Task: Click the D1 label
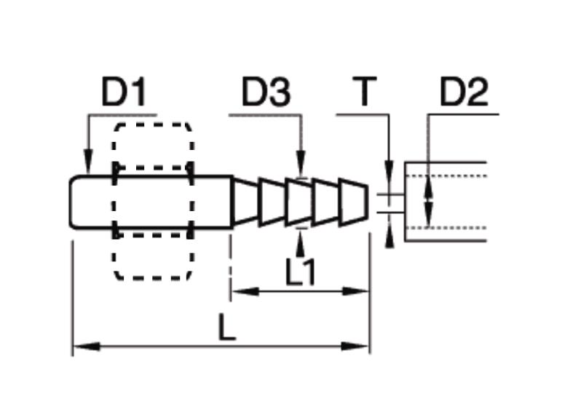pos(124,92)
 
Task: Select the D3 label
pos(266,92)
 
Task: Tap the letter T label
pos(364,91)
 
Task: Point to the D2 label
pos(464,92)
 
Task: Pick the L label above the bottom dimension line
pos(226,327)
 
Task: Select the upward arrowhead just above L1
pos(301,244)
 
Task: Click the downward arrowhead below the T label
pos(390,172)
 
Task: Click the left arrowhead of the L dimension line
pos(87,346)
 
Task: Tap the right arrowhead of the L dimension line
pos(355,346)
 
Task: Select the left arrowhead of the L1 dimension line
pos(245,291)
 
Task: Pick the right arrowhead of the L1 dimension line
pos(355,291)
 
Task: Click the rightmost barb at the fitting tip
pos(353,202)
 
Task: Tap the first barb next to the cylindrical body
pos(245,202)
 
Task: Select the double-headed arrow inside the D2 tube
pos(429,202)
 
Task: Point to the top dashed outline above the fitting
pos(153,124)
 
